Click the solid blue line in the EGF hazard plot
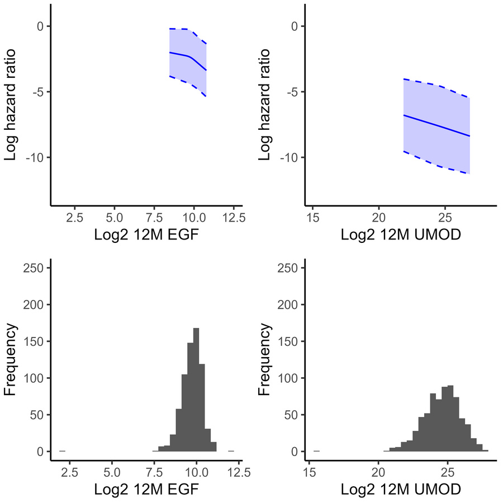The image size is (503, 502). point(179,54)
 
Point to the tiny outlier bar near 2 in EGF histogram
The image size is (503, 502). point(63,451)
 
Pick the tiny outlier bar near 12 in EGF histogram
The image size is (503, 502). point(231,451)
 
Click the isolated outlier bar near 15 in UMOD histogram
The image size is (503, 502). point(317,451)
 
